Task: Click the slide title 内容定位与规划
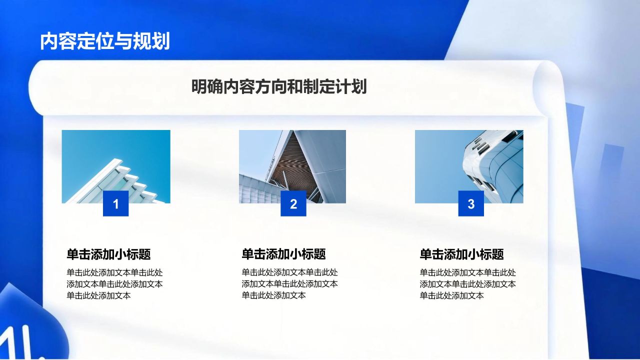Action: coord(105,41)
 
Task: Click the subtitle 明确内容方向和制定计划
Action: coord(279,86)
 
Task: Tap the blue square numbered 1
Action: coord(116,203)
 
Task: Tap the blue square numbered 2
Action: coord(293,203)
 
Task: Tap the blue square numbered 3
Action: coord(471,203)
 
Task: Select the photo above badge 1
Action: coord(116,160)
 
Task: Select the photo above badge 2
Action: coord(292,160)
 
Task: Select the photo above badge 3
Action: coord(469,160)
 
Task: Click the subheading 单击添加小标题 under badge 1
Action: coord(108,254)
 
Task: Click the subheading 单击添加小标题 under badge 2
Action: coord(283,254)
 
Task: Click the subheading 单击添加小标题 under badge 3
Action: coord(461,254)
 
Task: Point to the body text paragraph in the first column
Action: coord(114,284)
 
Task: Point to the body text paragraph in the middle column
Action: coord(289,284)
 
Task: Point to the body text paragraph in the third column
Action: coord(467,284)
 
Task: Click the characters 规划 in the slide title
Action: coord(151,41)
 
